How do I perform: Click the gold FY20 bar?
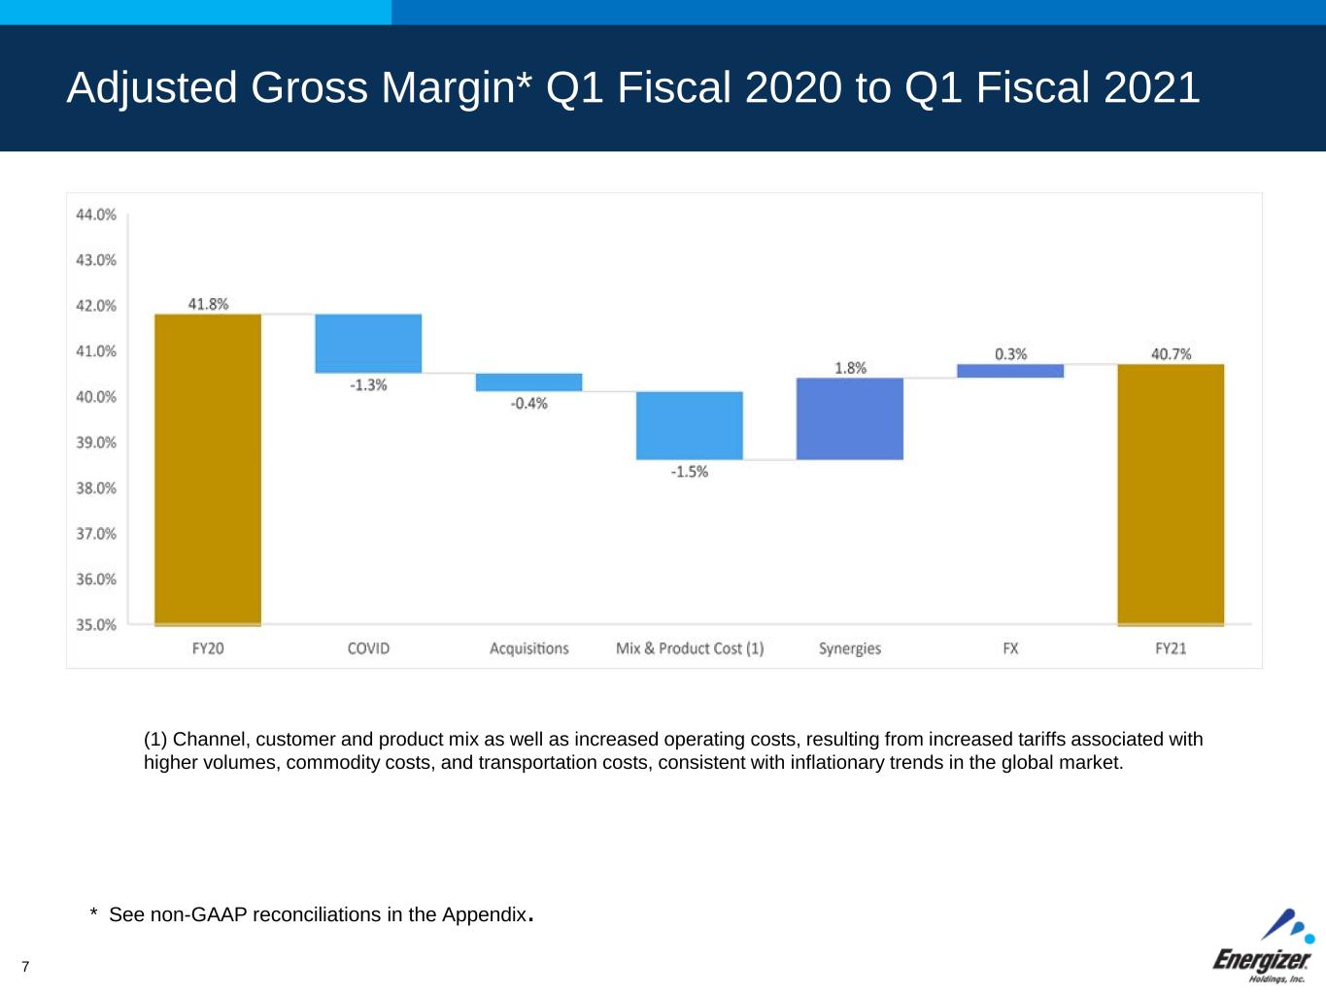click(208, 470)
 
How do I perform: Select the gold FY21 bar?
click(1171, 495)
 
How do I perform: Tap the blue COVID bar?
click(368, 344)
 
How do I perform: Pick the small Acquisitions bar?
click(529, 382)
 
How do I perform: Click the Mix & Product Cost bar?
click(690, 425)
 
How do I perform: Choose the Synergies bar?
click(850, 418)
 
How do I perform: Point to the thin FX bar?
click(1010, 371)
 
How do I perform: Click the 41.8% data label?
click(209, 304)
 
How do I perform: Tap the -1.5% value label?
click(690, 472)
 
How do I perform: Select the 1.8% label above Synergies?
click(850, 368)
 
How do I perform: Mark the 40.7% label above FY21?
click(1171, 354)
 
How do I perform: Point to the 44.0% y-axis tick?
click(96, 215)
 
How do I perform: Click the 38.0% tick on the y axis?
click(96, 488)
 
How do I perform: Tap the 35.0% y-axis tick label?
click(96, 624)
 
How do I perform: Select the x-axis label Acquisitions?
click(529, 648)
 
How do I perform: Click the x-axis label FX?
click(1010, 648)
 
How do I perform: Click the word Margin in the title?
click(448, 89)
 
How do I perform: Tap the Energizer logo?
click(1263, 946)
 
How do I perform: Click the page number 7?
click(25, 966)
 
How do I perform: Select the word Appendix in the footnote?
click(485, 914)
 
